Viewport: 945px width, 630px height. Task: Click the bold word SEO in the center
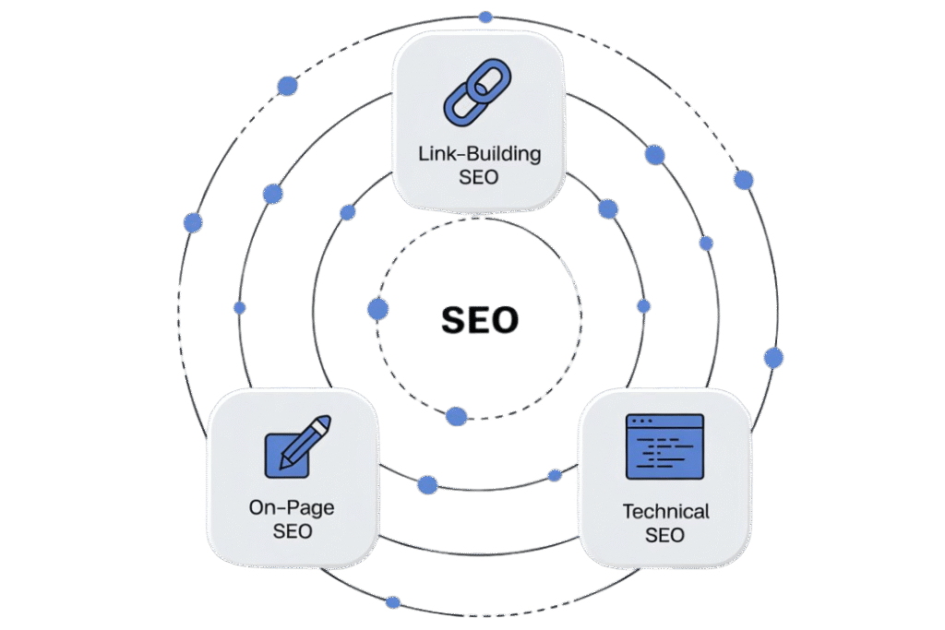point(480,320)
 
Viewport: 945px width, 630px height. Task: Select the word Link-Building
point(478,154)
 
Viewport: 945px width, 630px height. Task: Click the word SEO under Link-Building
point(478,177)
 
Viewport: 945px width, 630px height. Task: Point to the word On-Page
point(292,506)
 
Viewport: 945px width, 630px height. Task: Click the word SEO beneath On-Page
point(292,531)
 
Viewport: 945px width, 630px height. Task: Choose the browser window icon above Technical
point(664,446)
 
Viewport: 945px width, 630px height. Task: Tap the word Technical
point(665,511)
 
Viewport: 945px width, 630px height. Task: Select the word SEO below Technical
point(665,535)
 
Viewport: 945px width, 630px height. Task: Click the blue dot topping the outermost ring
point(485,18)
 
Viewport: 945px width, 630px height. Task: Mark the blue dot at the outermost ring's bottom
point(393,602)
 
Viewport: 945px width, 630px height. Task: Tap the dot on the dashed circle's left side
point(377,309)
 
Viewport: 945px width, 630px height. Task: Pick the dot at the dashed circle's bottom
point(456,416)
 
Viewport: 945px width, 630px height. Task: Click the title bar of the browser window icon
point(664,421)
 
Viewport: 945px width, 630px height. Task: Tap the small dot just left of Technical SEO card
point(555,476)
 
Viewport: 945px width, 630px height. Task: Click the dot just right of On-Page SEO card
point(427,484)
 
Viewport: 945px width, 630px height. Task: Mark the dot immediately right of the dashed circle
point(644,306)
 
